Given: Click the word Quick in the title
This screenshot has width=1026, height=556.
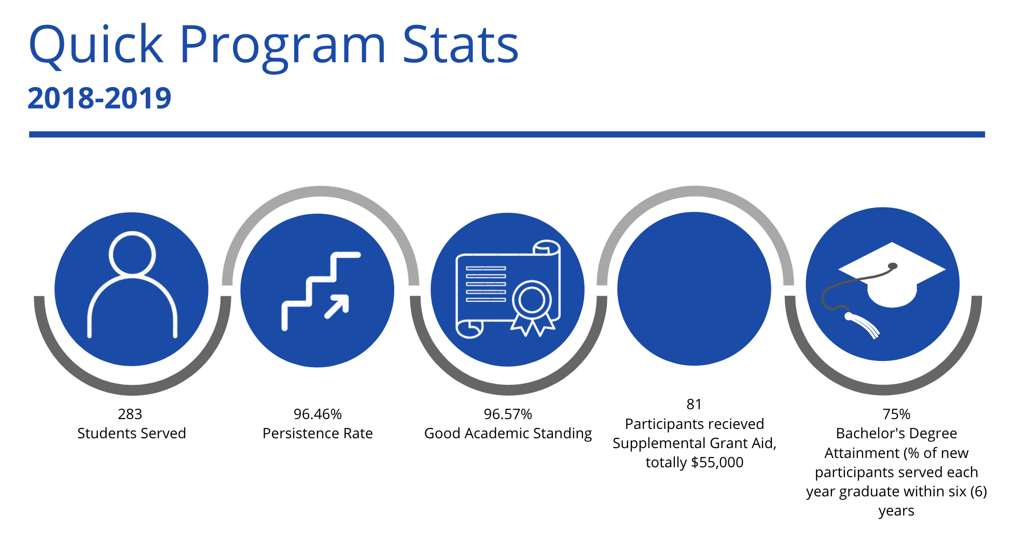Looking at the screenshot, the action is [96, 46].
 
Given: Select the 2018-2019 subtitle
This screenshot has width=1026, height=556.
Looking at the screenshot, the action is [99, 98].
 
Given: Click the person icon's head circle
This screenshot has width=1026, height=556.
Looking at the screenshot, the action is [132, 254].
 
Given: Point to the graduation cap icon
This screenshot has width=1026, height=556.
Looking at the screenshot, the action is [884, 290].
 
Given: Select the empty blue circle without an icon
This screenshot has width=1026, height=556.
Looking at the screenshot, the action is [694, 289].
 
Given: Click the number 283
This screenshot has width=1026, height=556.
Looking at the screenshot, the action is [130, 414].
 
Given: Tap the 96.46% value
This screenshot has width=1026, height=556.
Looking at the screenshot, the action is [317, 414].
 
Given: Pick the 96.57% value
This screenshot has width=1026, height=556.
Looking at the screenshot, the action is [508, 414].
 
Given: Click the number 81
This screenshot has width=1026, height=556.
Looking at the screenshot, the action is [694, 404].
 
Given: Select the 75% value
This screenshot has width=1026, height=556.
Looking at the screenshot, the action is [896, 414].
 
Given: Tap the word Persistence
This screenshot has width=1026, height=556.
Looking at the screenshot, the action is [300, 433].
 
